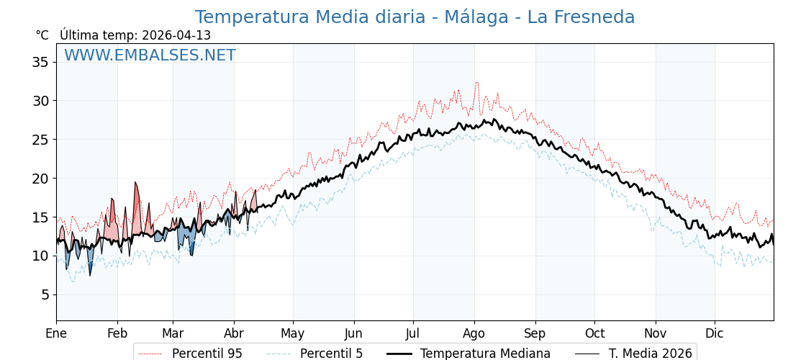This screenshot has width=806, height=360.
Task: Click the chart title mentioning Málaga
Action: coord(415,17)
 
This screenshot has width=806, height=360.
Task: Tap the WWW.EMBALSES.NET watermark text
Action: coord(150,55)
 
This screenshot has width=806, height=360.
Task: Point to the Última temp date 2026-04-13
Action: coord(176,35)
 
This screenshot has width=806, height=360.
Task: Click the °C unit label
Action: coord(42,35)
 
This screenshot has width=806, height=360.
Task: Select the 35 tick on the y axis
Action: coord(40,62)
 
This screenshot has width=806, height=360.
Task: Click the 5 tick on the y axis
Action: coord(44,294)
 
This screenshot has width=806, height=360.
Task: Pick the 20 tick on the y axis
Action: coord(40,179)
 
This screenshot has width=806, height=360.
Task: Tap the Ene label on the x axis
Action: coord(56,333)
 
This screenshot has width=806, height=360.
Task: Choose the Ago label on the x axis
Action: coord(474,333)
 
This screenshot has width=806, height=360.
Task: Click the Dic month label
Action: coord(714,333)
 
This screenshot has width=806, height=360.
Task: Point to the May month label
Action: coord(292,333)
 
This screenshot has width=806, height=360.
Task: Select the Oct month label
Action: coord(594,333)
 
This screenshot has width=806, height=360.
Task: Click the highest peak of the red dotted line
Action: coord(476,83)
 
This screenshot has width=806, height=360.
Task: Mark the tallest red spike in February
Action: coord(135,183)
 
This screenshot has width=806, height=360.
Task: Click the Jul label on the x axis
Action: coord(413,333)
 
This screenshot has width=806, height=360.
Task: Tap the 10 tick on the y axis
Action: coord(40,256)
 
